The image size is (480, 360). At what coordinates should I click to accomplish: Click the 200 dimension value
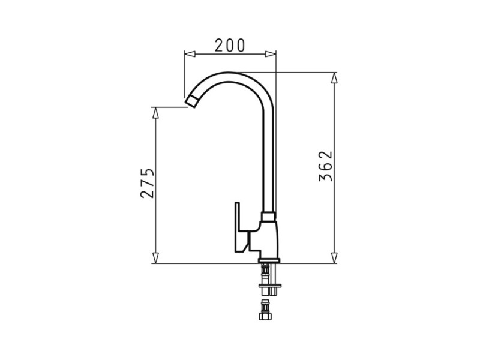[x=230, y=46]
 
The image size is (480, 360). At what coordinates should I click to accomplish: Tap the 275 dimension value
[x=147, y=183]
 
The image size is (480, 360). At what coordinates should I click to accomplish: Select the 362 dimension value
[x=325, y=166]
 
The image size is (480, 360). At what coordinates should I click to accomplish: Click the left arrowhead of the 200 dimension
[x=190, y=54]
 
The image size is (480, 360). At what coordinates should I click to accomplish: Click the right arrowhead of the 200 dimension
[x=271, y=54]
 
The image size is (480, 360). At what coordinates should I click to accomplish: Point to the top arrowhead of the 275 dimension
[x=155, y=113]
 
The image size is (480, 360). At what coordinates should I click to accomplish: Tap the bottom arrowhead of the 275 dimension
[x=155, y=258]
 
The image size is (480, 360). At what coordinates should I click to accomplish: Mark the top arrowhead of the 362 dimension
[x=334, y=78]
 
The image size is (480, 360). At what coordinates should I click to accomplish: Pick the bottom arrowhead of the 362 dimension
[x=334, y=258]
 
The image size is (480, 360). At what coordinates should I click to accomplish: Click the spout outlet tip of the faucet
[x=191, y=101]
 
